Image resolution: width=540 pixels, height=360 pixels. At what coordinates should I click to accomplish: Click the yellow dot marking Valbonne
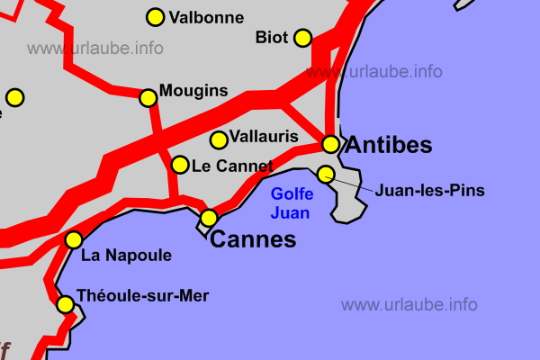coord(155,17)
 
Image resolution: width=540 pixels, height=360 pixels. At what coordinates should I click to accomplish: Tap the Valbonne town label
coord(206,17)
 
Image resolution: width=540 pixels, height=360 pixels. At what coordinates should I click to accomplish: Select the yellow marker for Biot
coord(302,37)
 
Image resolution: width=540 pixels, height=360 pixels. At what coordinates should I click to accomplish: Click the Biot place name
coord(272,37)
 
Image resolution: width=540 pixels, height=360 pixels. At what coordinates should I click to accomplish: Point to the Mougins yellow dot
coord(148,97)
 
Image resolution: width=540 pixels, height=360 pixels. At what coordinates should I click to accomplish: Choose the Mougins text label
coord(193,91)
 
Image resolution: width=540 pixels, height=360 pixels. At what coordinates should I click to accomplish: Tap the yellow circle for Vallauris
coord(218,139)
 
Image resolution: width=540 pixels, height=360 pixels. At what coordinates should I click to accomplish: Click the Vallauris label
coord(264,137)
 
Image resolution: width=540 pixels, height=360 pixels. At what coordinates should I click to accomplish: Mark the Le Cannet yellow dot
coord(180,165)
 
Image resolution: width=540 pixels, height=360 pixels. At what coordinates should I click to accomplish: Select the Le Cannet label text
coord(232,166)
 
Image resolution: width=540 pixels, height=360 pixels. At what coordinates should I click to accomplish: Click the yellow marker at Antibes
coord(330,144)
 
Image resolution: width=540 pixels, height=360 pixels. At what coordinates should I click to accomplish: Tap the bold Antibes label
coord(389,145)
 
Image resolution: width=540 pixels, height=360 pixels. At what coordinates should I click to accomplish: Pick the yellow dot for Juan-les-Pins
coord(326,174)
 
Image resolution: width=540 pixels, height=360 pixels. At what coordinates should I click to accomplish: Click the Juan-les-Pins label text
coord(430,191)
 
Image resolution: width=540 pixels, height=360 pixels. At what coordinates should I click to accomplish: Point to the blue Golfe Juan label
coord(292,203)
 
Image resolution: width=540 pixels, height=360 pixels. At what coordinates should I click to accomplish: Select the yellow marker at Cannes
coord(209,218)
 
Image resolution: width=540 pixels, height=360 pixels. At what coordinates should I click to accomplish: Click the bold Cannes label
coord(252,240)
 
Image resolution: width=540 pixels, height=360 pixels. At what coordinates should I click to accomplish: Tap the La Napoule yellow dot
coord(74,239)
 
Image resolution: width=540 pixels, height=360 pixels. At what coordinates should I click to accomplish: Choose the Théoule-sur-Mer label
coord(143,295)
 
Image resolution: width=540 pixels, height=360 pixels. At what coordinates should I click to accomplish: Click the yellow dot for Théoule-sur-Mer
coord(65,304)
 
